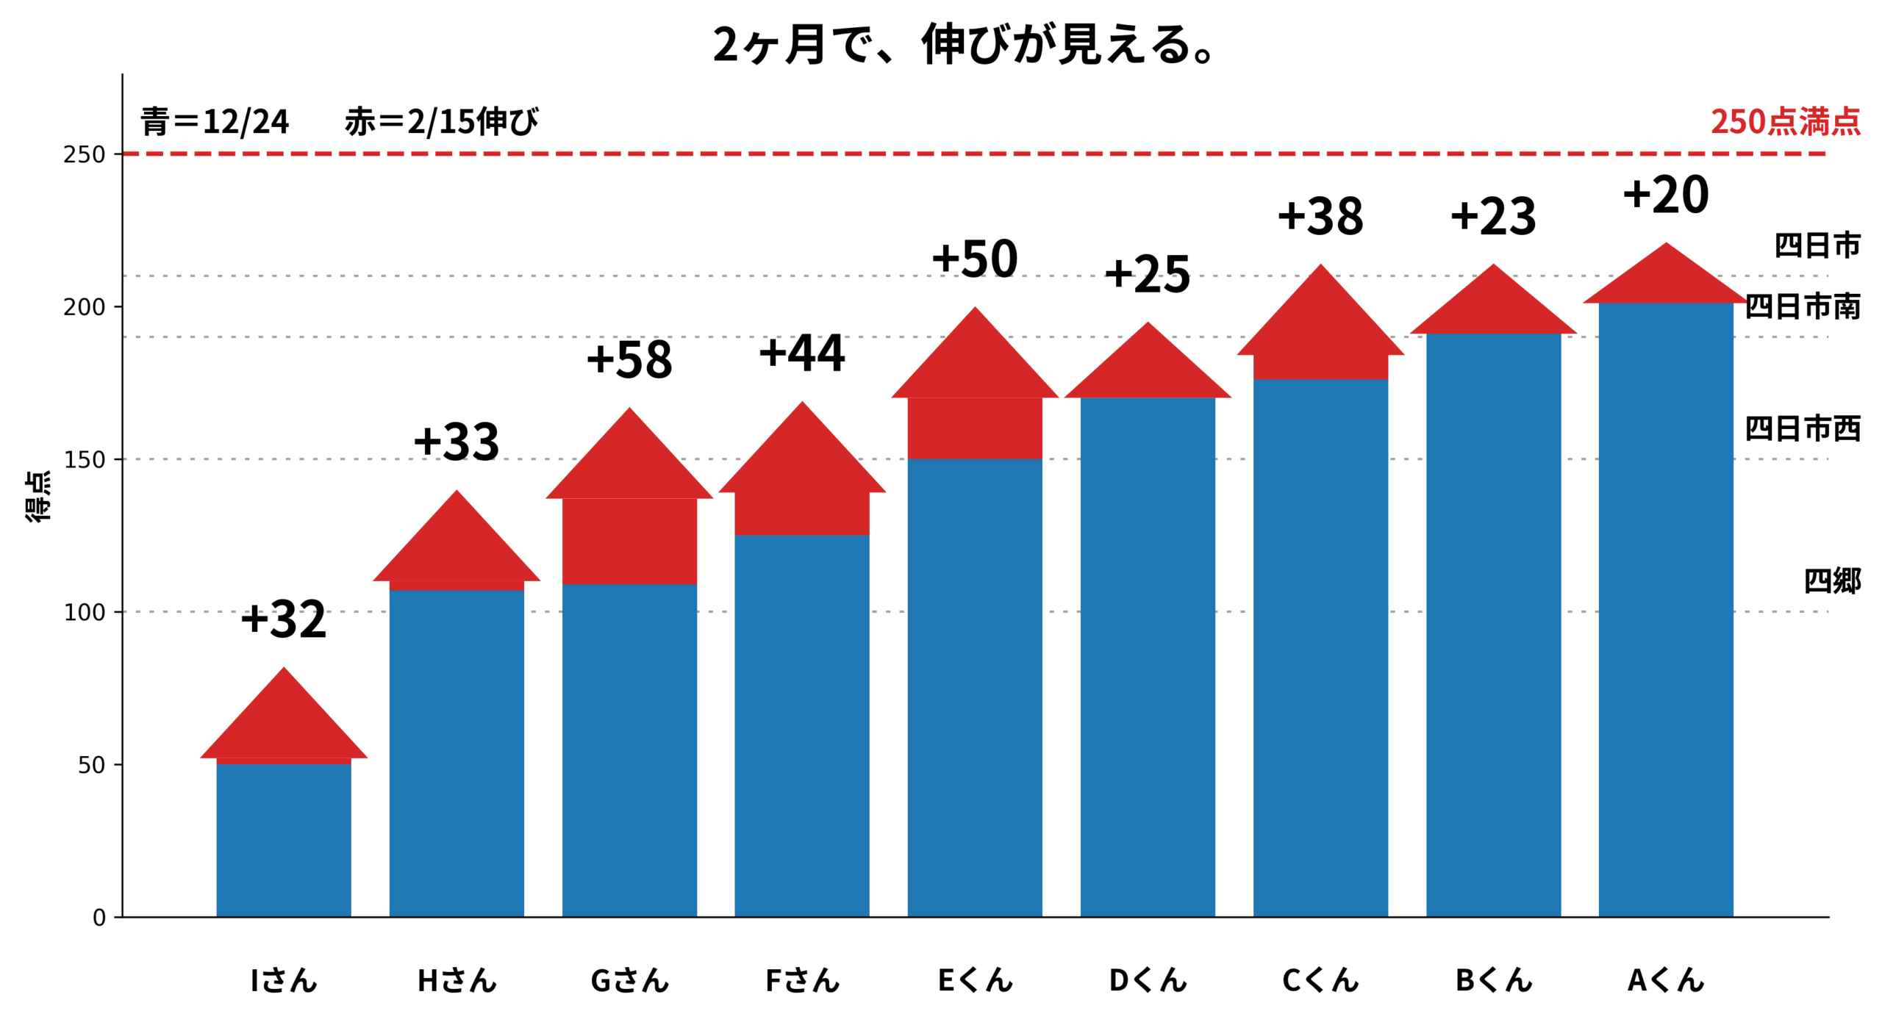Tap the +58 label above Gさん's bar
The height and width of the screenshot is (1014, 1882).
tap(629, 359)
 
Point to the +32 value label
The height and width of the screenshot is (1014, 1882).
tap(283, 619)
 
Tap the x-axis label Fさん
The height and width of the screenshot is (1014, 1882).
tap(801, 979)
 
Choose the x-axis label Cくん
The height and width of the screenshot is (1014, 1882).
tap(1320, 979)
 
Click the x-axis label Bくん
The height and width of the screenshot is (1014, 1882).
tap(1492, 979)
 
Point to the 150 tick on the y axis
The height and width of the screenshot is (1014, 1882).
tap(85, 459)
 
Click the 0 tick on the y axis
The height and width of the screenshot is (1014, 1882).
tap(99, 917)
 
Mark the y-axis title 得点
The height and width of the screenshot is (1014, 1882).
tap(38, 496)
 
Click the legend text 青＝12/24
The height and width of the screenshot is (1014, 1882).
tap(215, 121)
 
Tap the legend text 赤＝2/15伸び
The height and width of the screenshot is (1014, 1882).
tap(441, 121)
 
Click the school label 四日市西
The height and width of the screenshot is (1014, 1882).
tap(1802, 428)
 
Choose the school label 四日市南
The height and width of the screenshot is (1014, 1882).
tap(1802, 306)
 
